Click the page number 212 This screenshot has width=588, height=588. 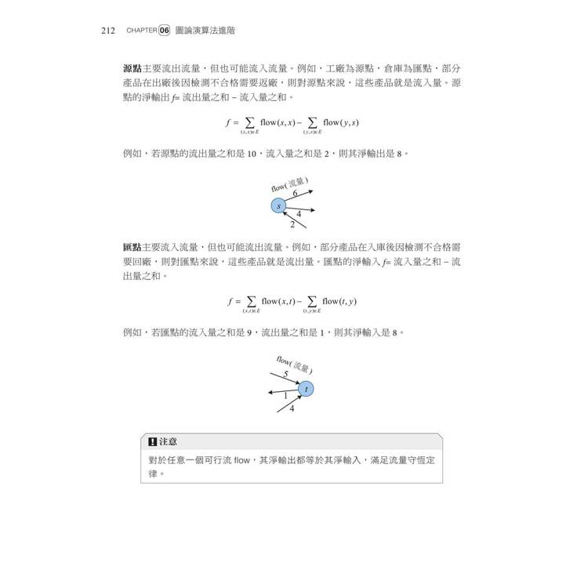(x=108, y=31)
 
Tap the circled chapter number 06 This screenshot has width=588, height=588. (x=164, y=31)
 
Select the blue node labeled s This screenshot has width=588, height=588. (x=278, y=205)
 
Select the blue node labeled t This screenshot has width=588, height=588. (x=307, y=388)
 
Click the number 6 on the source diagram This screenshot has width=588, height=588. (x=296, y=192)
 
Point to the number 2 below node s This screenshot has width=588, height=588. (x=292, y=223)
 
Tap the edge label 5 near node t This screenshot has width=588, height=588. (x=285, y=374)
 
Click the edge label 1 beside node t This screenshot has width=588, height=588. (x=285, y=396)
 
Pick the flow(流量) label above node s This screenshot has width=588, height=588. (x=289, y=184)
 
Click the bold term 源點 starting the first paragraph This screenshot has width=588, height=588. (x=132, y=69)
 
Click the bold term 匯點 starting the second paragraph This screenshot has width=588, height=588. (x=132, y=247)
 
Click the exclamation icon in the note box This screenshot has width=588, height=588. (x=152, y=441)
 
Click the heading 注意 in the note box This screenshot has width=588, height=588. (x=168, y=441)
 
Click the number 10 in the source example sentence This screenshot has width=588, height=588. (x=251, y=154)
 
